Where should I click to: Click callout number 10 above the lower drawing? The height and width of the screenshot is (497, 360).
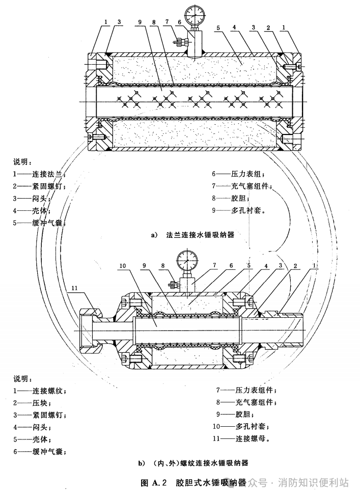pos(123,265)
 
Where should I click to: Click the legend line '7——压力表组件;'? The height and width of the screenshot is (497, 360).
pos(246,390)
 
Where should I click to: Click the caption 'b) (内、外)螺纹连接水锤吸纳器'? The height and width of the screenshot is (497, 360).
pos(193,463)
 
